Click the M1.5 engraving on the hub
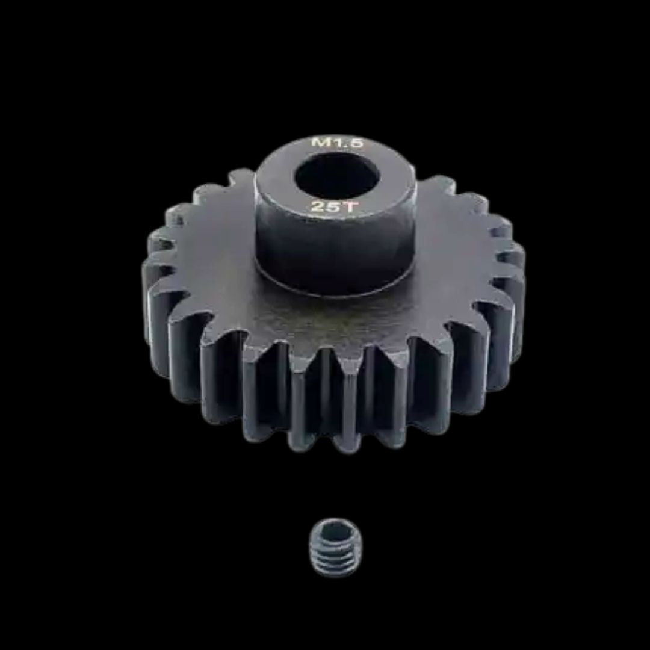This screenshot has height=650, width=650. pyautogui.click(x=337, y=143)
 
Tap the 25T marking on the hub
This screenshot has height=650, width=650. pyautogui.click(x=333, y=206)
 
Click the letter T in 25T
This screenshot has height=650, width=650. pyautogui.click(x=348, y=206)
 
